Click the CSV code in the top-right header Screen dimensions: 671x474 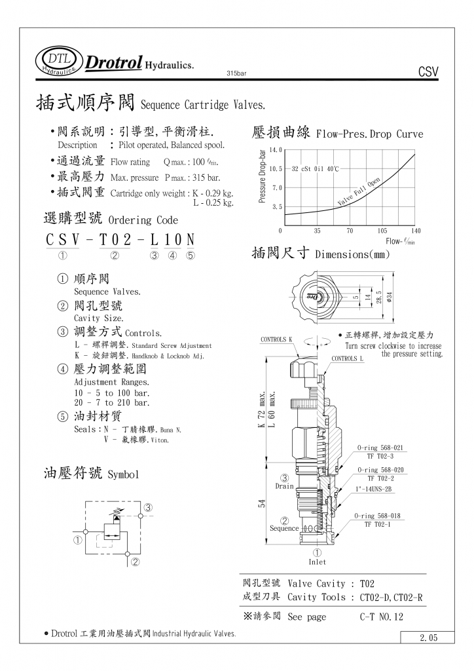pyautogui.click(x=427, y=72)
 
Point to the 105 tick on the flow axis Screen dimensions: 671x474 pyautogui.click(x=382, y=231)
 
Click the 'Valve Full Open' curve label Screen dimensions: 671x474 pyautogui.click(x=359, y=192)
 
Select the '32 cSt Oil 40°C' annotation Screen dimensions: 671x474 pyautogui.click(x=315, y=169)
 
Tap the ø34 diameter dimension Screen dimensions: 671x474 pyautogui.click(x=389, y=295)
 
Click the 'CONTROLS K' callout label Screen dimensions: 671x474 pyautogui.click(x=277, y=339)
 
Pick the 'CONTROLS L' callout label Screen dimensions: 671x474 pyautogui.click(x=347, y=358)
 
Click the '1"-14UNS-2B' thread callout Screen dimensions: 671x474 pyautogui.click(x=374, y=489)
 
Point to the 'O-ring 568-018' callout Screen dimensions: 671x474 pyautogui.click(x=379, y=516)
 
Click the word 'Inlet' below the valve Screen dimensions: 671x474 pyautogui.click(x=317, y=562)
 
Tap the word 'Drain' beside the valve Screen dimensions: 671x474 pyautogui.click(x=284, y=486)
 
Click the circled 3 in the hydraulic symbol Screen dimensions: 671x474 pyautogui.click(x=149, y=507)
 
